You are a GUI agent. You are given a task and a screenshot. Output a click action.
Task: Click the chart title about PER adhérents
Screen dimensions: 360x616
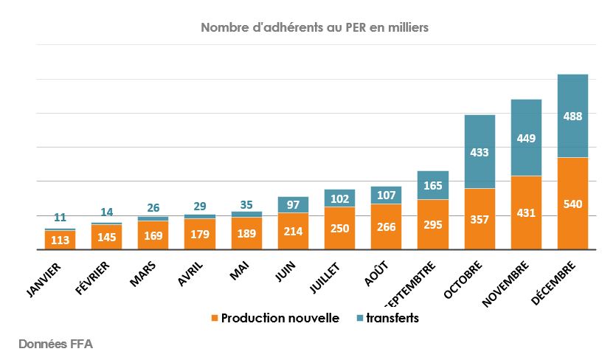[314, 28]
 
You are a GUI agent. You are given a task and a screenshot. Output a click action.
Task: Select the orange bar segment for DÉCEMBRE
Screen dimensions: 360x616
[572, 221]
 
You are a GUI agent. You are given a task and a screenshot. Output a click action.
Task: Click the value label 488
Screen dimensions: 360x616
[572, 117]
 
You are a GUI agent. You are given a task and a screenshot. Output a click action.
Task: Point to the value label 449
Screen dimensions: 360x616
[526, 138]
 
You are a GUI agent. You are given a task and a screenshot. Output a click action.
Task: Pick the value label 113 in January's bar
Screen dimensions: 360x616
[60, 239]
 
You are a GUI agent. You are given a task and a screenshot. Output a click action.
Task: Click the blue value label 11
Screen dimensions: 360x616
[60, 218]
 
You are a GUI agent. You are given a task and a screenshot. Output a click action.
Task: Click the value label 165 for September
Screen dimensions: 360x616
[433, 186]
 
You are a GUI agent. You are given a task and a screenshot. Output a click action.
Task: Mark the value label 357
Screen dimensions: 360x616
[480, 219]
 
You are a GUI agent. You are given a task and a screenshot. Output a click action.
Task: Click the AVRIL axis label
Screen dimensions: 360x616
[189, 274]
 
